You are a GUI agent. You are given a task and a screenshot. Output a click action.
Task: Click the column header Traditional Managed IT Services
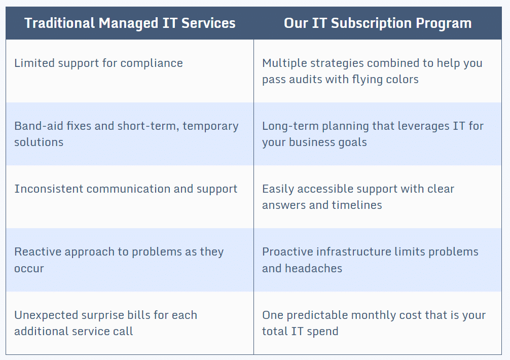click(x=130, y=23)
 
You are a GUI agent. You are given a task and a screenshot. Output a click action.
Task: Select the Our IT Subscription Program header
click(x=378, y=23)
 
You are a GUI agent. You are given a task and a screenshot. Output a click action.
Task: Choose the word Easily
click(x=278, y=189)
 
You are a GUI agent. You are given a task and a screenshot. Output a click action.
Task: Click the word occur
click(x=29, y=268)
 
